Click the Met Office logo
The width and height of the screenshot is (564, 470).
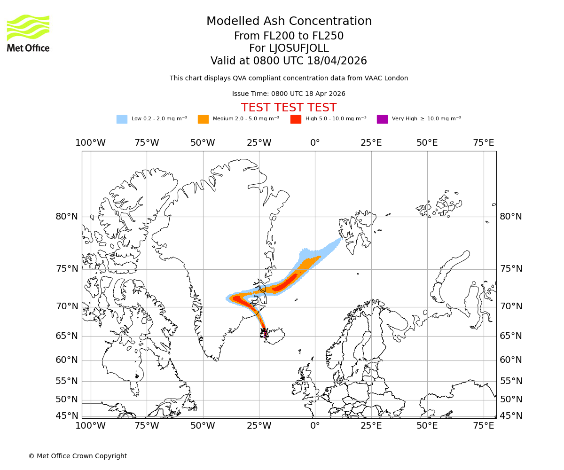point(28,33)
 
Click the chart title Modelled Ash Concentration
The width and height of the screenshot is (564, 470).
point(289,22)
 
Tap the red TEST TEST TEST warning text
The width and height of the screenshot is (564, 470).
point(289,108)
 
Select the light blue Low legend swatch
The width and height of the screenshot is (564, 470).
point(122,119)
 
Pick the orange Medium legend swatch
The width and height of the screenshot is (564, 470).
point(203,119)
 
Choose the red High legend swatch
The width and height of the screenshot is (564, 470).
point(296,119)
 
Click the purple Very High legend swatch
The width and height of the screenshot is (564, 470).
point(382,119)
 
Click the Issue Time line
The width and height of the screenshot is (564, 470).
point(289,94)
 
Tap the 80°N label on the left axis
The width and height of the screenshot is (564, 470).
point(67,217)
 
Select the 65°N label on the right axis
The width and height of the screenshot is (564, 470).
point(510,336)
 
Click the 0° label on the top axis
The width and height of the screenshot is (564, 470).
point(315,143)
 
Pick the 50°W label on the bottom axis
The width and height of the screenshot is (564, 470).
point(203,426)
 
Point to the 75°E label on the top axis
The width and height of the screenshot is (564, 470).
point(483,143)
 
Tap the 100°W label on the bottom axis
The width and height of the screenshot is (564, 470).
point(90,426)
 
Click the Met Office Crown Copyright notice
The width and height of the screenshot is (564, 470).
point(78,456)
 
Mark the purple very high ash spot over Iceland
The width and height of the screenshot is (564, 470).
point(266,334)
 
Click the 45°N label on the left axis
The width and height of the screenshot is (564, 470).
point(67,416)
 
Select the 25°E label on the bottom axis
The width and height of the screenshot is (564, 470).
point(371,426)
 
